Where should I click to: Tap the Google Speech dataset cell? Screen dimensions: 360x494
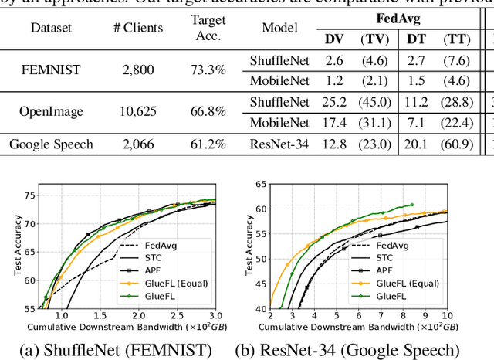pos(51,143)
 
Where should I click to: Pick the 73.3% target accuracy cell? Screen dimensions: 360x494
pos(208,70)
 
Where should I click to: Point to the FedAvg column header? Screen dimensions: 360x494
pos(398,18)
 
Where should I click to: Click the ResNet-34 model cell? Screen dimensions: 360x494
pos(279,143)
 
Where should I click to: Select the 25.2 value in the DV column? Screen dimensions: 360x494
pos(333,101)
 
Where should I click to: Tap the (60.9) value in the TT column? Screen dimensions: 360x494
pos(458,143)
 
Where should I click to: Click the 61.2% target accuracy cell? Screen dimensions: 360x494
pos(208,143)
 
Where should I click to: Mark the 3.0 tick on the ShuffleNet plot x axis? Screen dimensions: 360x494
pos(215,316)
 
